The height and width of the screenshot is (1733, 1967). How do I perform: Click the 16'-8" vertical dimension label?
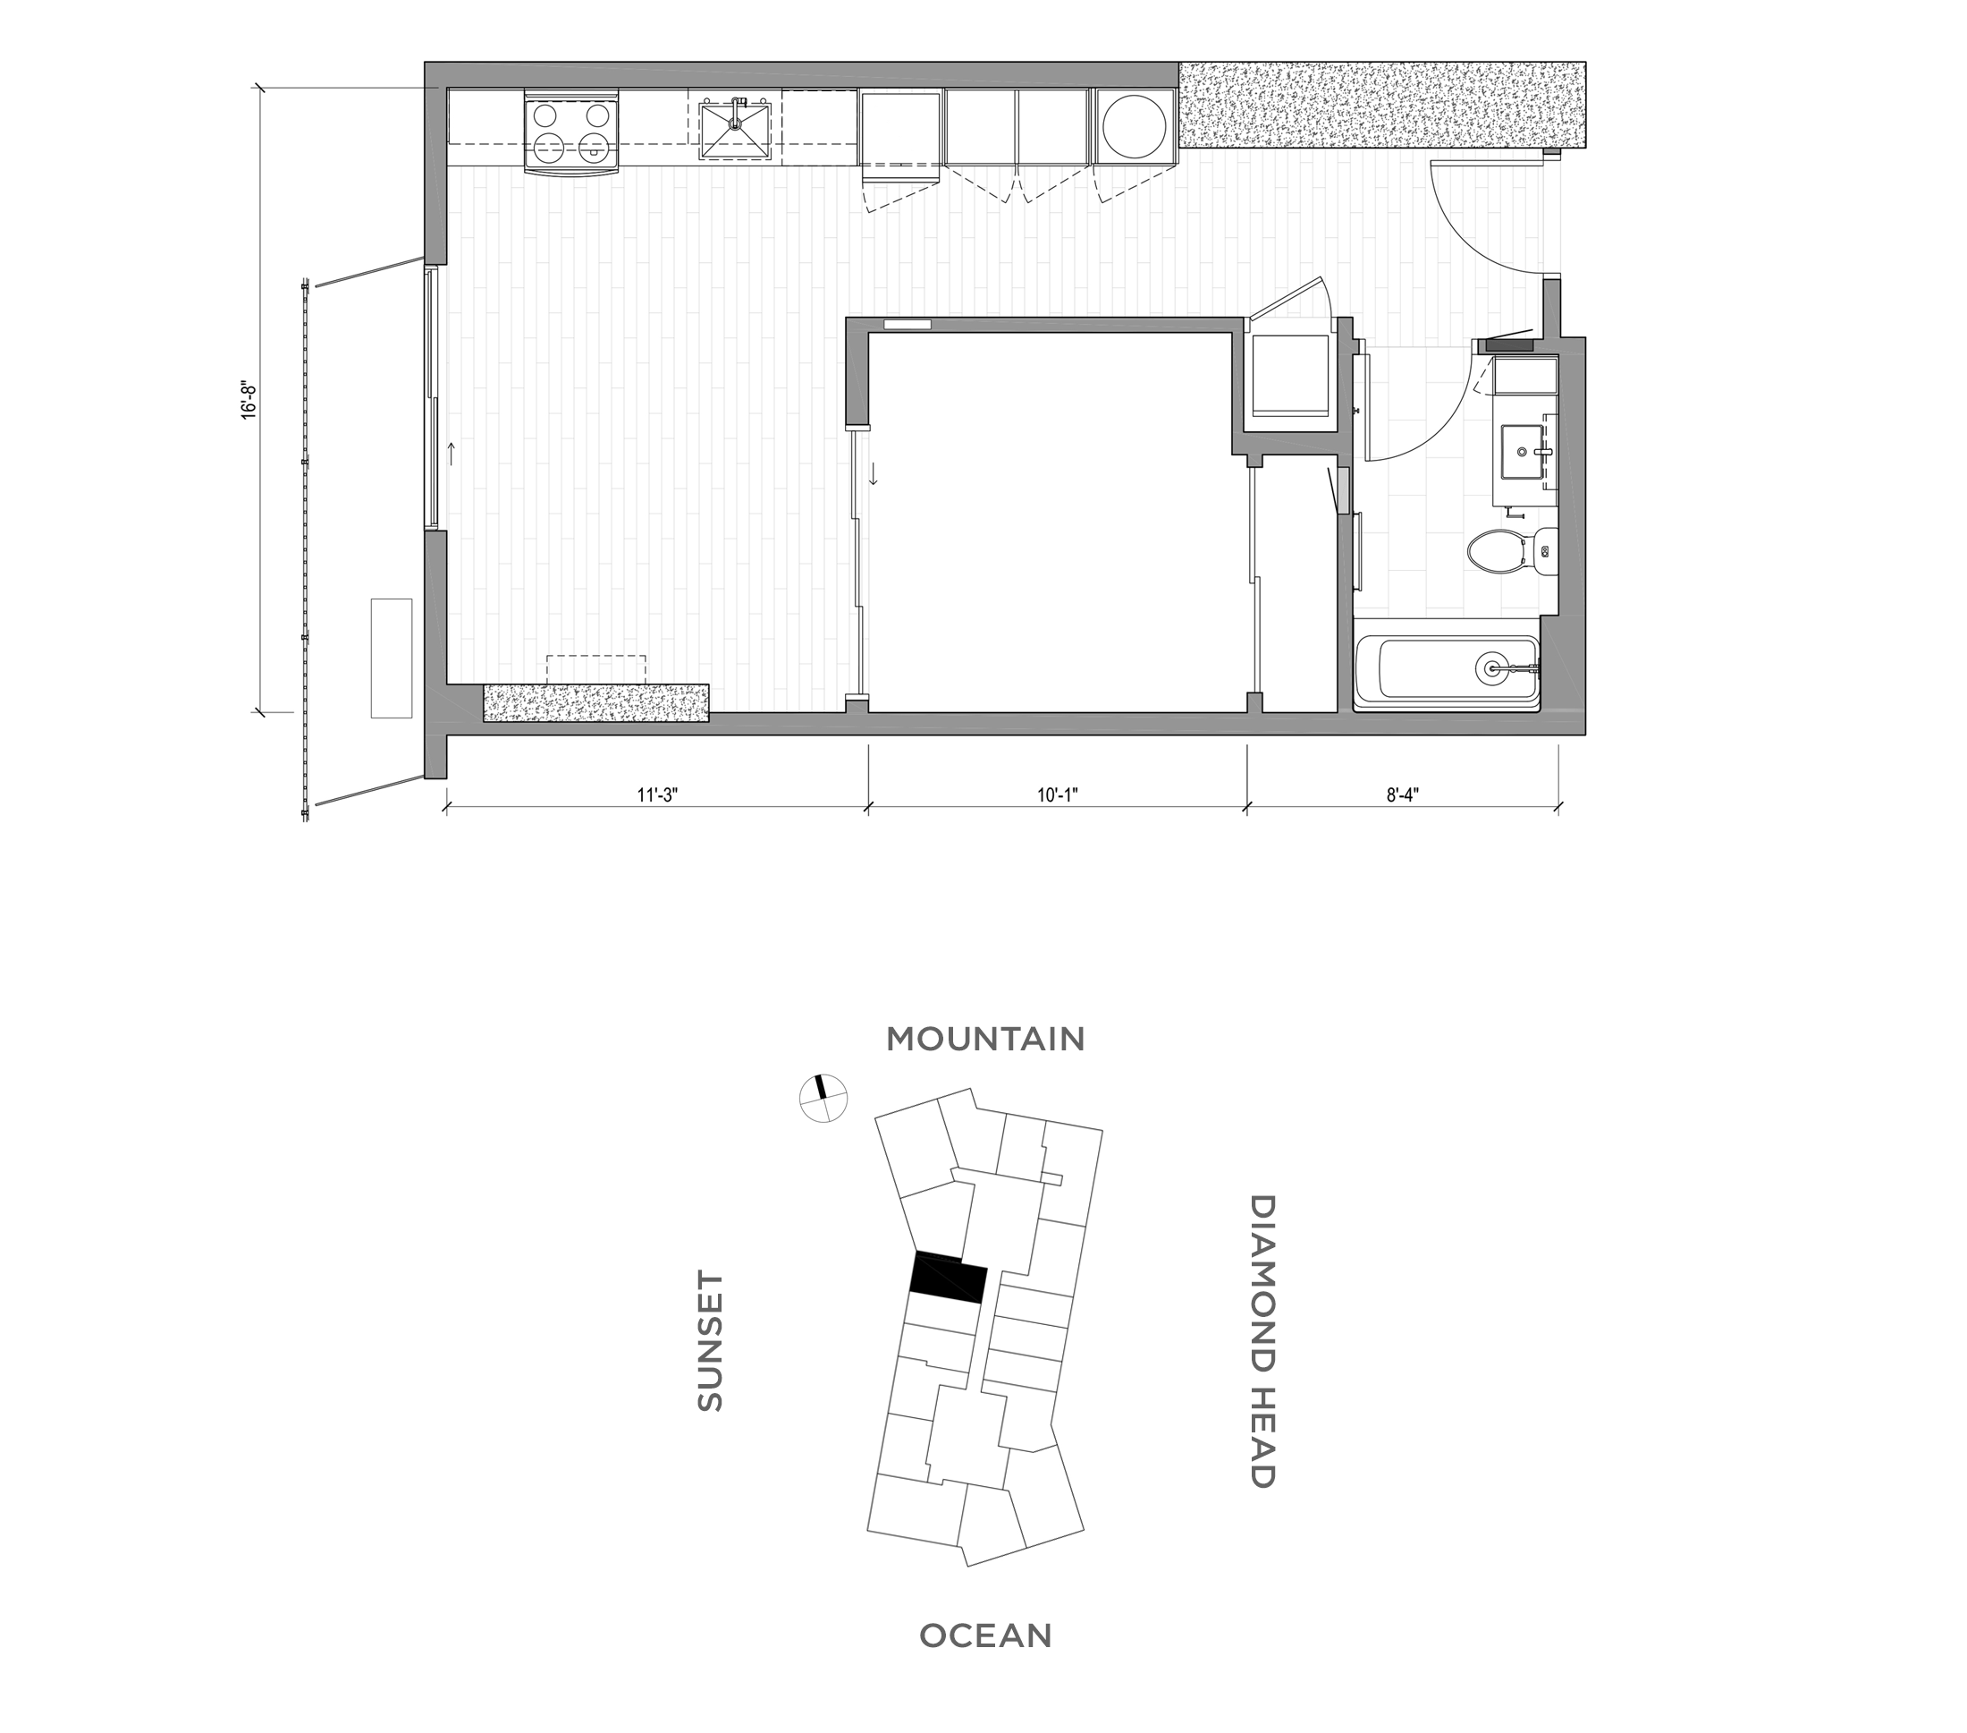[x=249, y=401]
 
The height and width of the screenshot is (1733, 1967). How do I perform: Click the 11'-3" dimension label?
[x=657, y=795]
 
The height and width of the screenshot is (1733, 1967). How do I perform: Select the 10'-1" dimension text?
[x=1058, y=795]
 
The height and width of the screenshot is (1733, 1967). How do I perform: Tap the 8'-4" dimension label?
[x=1403, y=795]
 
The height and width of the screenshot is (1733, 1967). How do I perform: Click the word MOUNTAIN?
[x=985, y=1040]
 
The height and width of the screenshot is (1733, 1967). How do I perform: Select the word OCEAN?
[x=985, y=1635]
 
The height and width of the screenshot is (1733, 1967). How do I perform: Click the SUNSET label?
[x=710, y=1342]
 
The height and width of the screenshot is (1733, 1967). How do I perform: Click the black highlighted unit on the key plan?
[x=948, y=1278]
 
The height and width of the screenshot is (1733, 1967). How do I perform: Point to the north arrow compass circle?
[x=823, y=1099]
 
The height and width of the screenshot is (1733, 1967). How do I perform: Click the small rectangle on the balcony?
[x=391, y=658]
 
